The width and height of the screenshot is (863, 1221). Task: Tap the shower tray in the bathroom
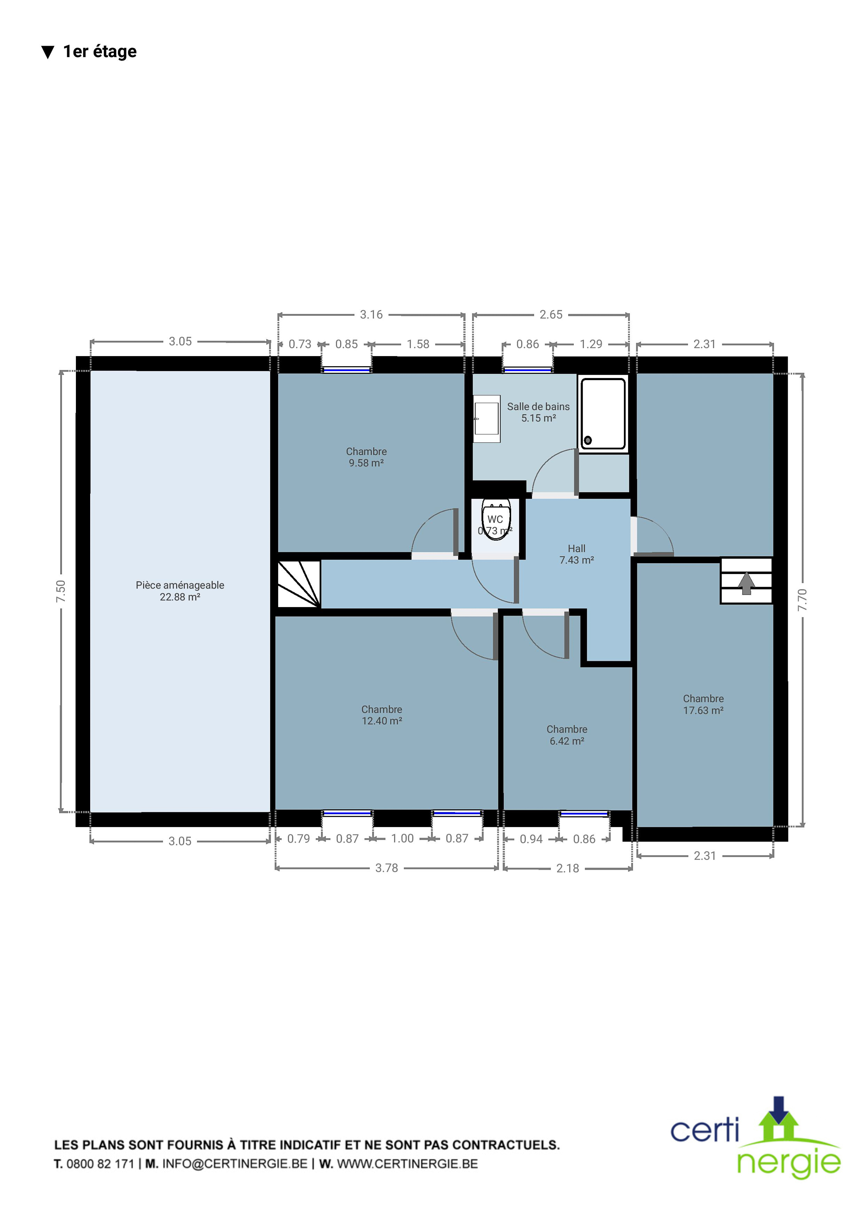(603, 414)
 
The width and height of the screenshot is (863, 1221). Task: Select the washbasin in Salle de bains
(487, 418)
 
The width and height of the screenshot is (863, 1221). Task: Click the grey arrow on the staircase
(746, 583)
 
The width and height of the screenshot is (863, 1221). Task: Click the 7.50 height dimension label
(61, 591)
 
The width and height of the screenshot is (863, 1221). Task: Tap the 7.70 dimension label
(802, 599)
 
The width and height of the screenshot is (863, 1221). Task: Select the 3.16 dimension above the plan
(371, 314)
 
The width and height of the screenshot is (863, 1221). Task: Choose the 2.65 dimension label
(551, 314)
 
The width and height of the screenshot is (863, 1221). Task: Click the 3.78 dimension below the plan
(386, 868)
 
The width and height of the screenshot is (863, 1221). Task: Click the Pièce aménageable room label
(180, 591)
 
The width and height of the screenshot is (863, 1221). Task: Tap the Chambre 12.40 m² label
(382, 715)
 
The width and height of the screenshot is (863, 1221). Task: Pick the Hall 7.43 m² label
(576, 554)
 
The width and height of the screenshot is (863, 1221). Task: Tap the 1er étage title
(100, 51)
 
